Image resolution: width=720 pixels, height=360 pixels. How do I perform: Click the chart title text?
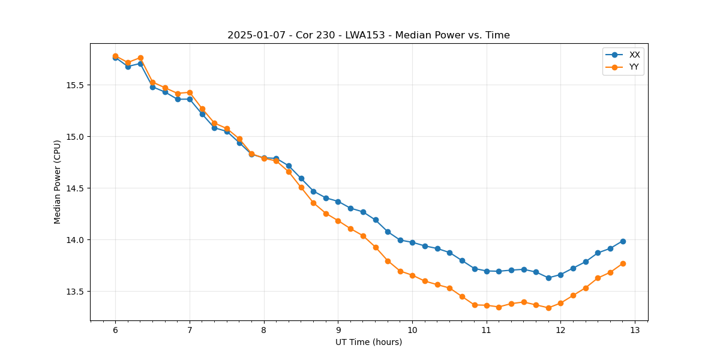[x=368, y=35]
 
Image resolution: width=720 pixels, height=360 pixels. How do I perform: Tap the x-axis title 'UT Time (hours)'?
[x=368, y=342]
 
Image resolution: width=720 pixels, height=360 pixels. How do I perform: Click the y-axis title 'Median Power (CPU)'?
[x=58, y=182]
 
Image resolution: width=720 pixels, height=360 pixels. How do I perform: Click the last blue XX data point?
[x=623, y=241]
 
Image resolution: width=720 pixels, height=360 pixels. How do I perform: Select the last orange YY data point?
[x=623, y=263]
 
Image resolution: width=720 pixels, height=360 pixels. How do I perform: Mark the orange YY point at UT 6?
[x=115, y=56]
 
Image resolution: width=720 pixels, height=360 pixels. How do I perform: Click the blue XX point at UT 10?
[x=412, y=242]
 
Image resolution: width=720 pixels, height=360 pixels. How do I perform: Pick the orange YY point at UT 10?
[x=412, y=275]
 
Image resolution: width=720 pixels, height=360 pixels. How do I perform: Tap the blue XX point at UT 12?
[x=560, y=275]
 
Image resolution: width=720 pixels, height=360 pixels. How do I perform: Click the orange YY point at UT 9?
[x=338, y=221]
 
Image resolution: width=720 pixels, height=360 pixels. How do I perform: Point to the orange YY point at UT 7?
[x=190, y=92]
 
